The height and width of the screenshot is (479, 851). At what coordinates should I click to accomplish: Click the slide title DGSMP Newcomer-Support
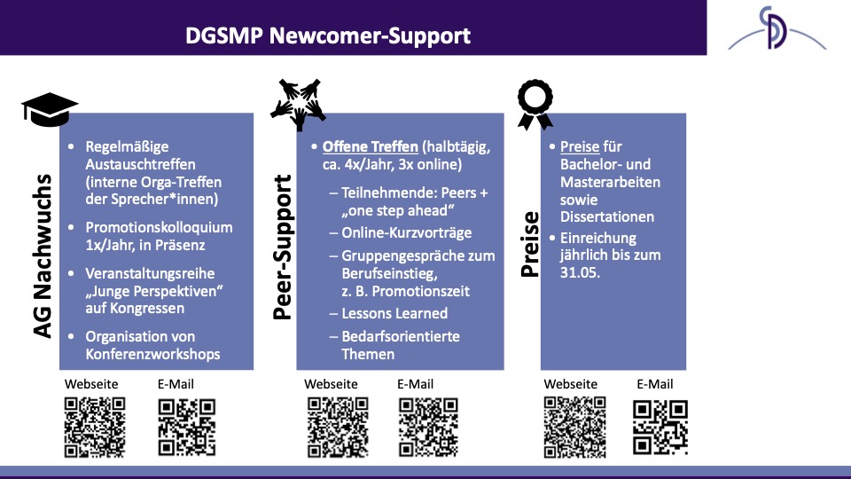[x=328, y=35]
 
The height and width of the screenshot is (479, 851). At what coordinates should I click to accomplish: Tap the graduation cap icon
[x=50, y=110]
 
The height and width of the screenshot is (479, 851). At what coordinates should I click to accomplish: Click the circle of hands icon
[x=299, y=105]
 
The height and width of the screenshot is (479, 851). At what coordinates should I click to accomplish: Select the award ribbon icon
[x=535, y=105]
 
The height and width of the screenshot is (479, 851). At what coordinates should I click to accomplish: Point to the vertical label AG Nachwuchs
[x=43, y=255]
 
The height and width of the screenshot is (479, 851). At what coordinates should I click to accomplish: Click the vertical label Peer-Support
[x=282, y=247]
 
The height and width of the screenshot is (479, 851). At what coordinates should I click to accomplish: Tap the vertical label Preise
[x=530, y=245]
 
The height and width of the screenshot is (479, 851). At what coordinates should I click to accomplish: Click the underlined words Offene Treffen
[x=371, y=146]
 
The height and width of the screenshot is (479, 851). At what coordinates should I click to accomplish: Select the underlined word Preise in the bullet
[x=580, y=146]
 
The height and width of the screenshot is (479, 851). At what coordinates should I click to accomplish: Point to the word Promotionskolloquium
[x=159, y=228]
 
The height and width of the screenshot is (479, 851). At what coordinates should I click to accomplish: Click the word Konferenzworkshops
[x=152, y=354]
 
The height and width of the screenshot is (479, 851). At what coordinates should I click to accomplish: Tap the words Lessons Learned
[x=394, y=313]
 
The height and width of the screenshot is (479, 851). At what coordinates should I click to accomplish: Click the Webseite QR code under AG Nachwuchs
[x=95, y=428]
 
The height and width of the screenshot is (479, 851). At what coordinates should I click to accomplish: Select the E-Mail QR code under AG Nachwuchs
[x=187, y=428]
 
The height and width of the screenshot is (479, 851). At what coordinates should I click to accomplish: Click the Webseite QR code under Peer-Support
[x=338, y=428]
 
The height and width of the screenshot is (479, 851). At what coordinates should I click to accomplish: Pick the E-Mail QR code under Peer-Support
[x=429, y=428]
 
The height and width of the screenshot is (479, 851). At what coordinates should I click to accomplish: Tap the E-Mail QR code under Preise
[x=660, y=428]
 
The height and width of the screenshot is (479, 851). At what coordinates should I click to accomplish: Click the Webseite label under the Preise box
[x=570, y=384]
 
